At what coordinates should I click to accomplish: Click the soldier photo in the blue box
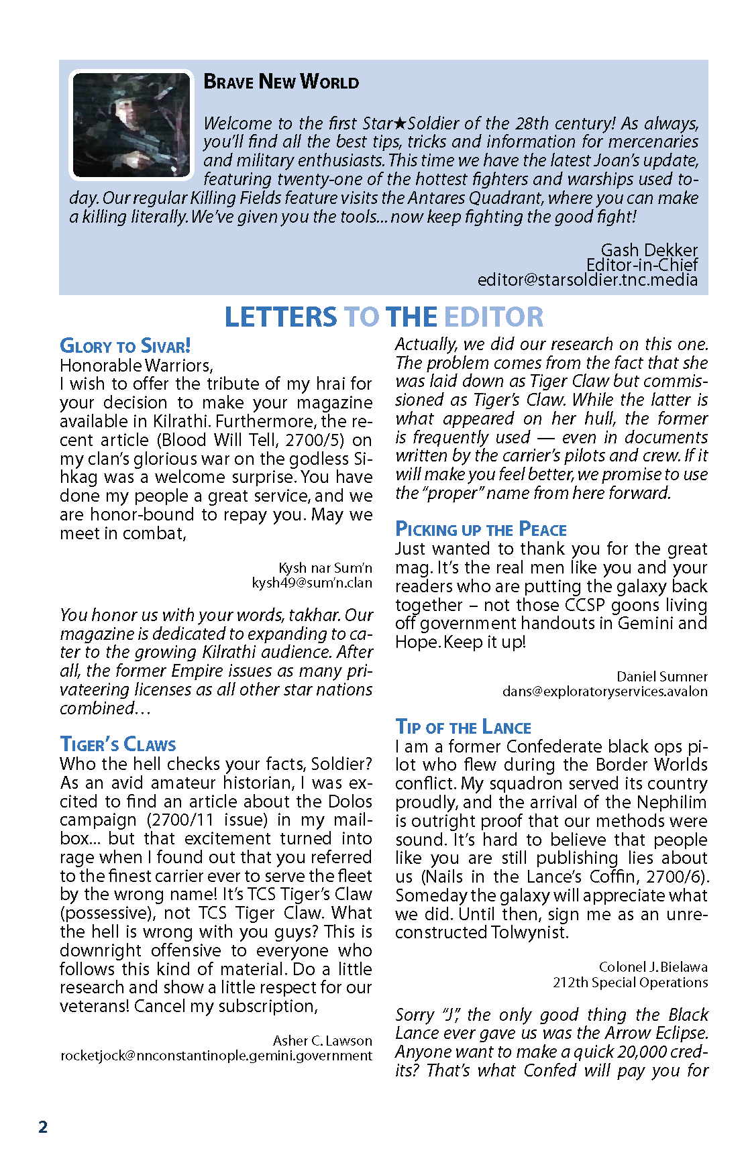click(131, 125)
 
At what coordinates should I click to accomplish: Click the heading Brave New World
click(281, 82)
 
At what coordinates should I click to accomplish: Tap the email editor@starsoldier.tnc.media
click(587, 280)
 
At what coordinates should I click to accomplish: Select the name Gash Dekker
click(649, 250)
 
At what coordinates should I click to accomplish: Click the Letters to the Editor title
click(384, 317)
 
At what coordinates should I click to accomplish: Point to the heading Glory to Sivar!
click(125, 346)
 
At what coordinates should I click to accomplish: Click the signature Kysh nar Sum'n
click(325, 568)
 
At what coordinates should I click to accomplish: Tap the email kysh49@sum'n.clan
click(312, 583)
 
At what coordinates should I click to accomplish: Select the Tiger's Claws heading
click(118, 744)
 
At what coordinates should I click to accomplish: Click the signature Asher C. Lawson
click(322, 1041)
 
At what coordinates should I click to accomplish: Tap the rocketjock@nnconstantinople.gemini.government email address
click(216, 1056)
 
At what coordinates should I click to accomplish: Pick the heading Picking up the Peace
click(481, 530)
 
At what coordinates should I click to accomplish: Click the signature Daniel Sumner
click(662, 677)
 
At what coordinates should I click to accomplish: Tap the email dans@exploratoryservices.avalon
click(604, 691)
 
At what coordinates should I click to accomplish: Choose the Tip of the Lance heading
click(463, 728)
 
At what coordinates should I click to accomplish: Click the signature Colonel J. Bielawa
click(653, 967)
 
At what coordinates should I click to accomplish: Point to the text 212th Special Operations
click(630, 983)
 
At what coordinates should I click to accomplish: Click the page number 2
click(43, 1127)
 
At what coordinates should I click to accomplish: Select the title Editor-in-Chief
click(641, 265)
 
